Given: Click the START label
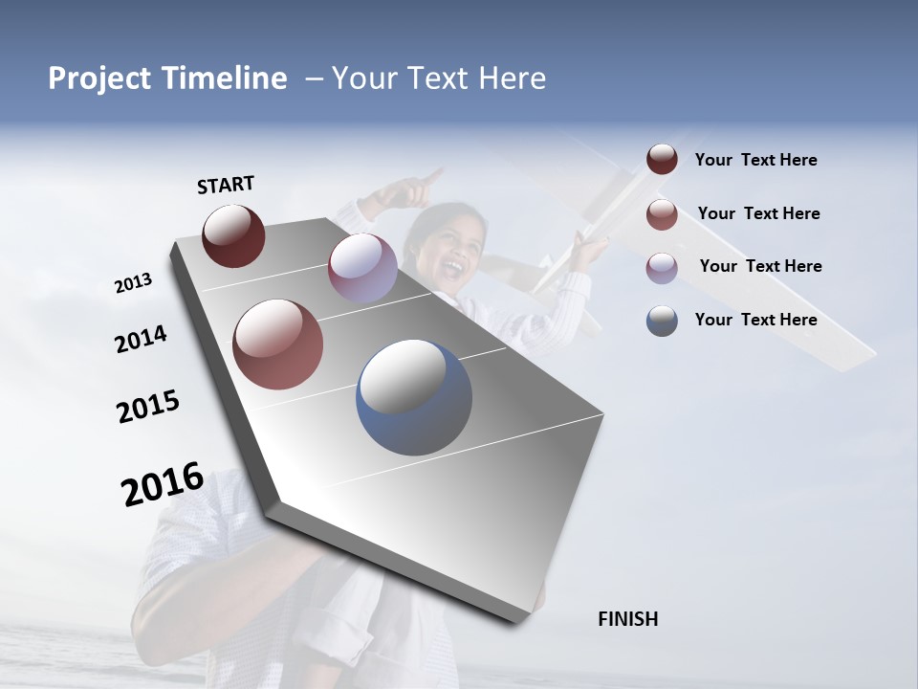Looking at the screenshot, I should point(226,185).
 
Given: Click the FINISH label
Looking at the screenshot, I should point(627,619).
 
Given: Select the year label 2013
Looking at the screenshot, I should point(133,283).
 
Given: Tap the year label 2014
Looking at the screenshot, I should point(141,340).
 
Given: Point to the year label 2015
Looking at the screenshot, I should point(148,407).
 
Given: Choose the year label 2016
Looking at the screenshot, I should point(163,484).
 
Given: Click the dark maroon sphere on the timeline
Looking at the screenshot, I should point(233,235).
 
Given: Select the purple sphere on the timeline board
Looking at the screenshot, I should point(362,268).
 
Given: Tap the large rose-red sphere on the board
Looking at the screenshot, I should point(277,344).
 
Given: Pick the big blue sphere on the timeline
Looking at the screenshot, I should point(414,397).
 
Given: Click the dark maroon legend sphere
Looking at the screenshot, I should point(662,160).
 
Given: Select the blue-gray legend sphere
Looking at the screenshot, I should point(662,320).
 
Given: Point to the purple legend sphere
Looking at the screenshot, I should point(662,267).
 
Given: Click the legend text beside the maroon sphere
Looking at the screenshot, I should point(755,160).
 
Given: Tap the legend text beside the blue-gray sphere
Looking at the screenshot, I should point(755,320).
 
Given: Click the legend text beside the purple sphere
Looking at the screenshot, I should point(760,266).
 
